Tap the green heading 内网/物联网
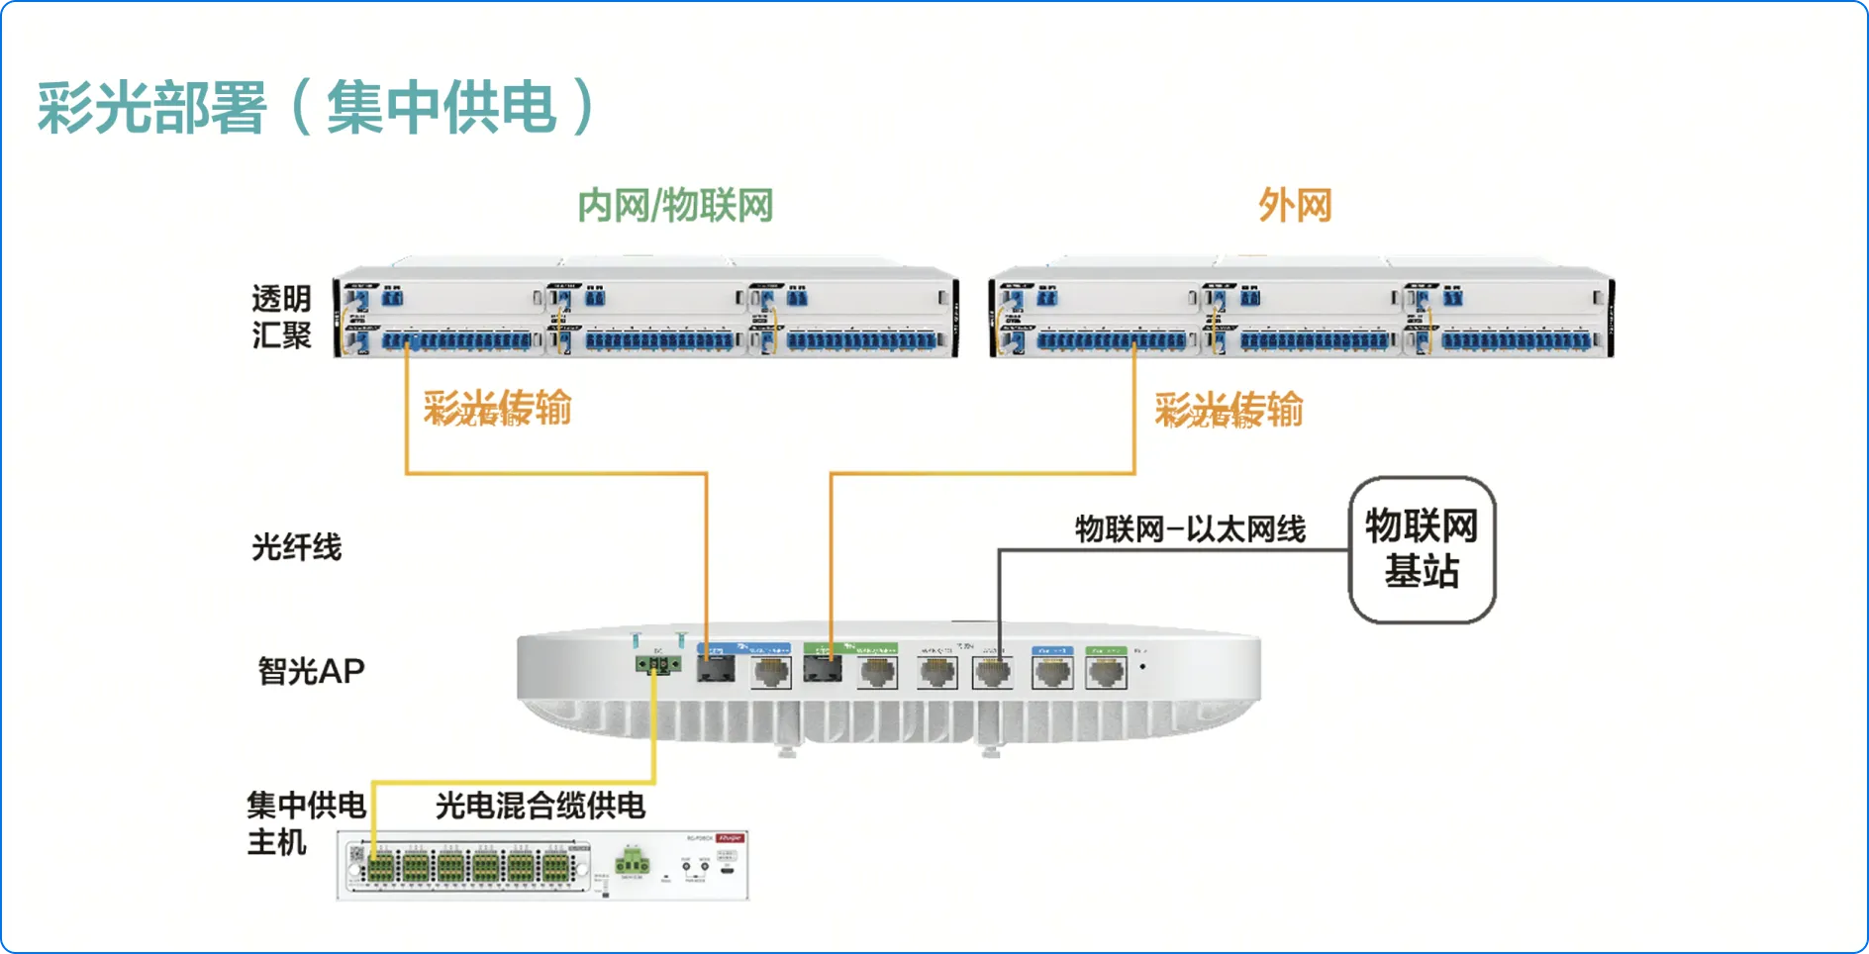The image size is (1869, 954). point(675,206)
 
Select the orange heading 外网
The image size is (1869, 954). point(1295,206)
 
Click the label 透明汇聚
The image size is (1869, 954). point(281,317)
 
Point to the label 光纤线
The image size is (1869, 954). point(296,547)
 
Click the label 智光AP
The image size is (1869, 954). point(311,671)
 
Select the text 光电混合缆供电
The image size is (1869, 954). point(541,806)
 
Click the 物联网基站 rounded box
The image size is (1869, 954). point(1422,550)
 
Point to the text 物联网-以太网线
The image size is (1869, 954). point(1190,529)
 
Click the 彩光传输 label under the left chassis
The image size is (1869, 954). point(497,408)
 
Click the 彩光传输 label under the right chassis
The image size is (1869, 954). point(1229,410)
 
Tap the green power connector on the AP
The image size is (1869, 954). point(657,664)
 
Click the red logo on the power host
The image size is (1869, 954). point(730,838)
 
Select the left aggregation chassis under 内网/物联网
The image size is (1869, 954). point(646,312)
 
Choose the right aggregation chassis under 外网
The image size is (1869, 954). point(1301,312)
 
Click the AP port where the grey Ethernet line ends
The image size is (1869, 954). point(993,673)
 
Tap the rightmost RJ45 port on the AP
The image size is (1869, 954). point(1106,673)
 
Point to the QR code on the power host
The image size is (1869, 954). point(356,854)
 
